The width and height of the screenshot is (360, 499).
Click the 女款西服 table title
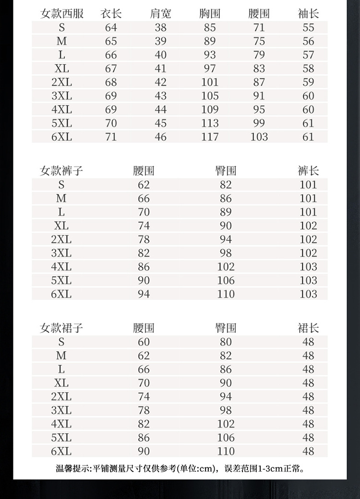61,13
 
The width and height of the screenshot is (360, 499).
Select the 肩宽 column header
160,13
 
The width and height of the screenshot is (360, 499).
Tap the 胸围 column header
210,13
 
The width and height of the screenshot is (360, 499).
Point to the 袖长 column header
308,13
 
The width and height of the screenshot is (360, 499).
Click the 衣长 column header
111,13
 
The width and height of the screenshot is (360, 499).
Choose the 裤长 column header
308,170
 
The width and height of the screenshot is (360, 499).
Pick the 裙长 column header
308,328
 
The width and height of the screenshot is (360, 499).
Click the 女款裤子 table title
61,170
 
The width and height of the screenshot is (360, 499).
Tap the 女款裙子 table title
61,328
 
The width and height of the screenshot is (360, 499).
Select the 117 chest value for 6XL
210,137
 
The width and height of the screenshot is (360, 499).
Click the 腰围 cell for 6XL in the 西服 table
259,137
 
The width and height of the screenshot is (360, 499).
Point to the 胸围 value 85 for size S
210,27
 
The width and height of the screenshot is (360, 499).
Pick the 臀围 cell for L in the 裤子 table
226,212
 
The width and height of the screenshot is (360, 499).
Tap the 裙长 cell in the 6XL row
308,451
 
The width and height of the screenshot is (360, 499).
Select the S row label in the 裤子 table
61,184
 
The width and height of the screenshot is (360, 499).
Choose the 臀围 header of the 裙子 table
226,328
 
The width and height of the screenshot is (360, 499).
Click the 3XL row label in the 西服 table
61,95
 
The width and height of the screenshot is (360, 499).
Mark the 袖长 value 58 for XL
308,68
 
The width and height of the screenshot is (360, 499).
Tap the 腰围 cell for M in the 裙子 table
144,356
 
